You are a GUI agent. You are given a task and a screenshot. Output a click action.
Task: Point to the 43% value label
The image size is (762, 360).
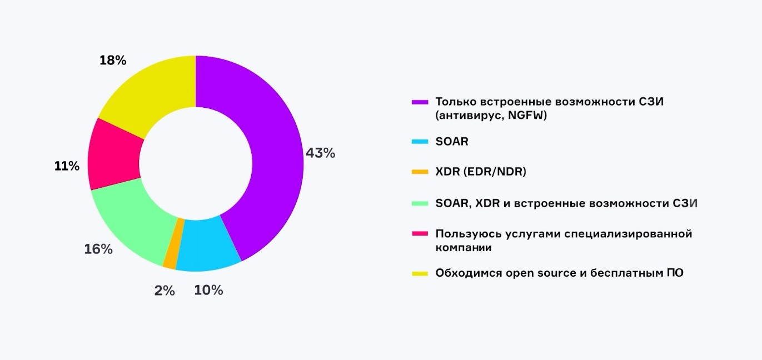pos(320,153)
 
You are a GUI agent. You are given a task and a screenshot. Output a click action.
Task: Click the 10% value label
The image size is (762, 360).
pos(208,290)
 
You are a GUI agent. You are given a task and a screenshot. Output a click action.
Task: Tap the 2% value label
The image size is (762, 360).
pos(165,291)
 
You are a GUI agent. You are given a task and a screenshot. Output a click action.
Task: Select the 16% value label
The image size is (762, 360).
pos(98,249)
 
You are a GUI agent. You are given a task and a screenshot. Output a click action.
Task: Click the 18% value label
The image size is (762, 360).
pos(113,61)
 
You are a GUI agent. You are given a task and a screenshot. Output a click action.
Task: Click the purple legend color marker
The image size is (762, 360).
pos(420,102)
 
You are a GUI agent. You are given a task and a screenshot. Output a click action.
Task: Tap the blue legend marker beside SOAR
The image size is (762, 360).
pos(420,142)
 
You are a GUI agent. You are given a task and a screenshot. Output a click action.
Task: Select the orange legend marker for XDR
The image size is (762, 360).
pos(420,172)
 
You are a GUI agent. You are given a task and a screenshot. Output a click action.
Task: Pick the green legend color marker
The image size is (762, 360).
pos(420,203)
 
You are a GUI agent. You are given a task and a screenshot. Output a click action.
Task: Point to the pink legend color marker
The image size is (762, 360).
pos(420,234)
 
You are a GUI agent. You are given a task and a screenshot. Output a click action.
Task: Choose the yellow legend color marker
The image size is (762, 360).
pos(420,273)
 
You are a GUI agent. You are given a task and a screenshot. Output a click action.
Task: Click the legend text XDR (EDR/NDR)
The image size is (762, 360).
pos(481,172)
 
